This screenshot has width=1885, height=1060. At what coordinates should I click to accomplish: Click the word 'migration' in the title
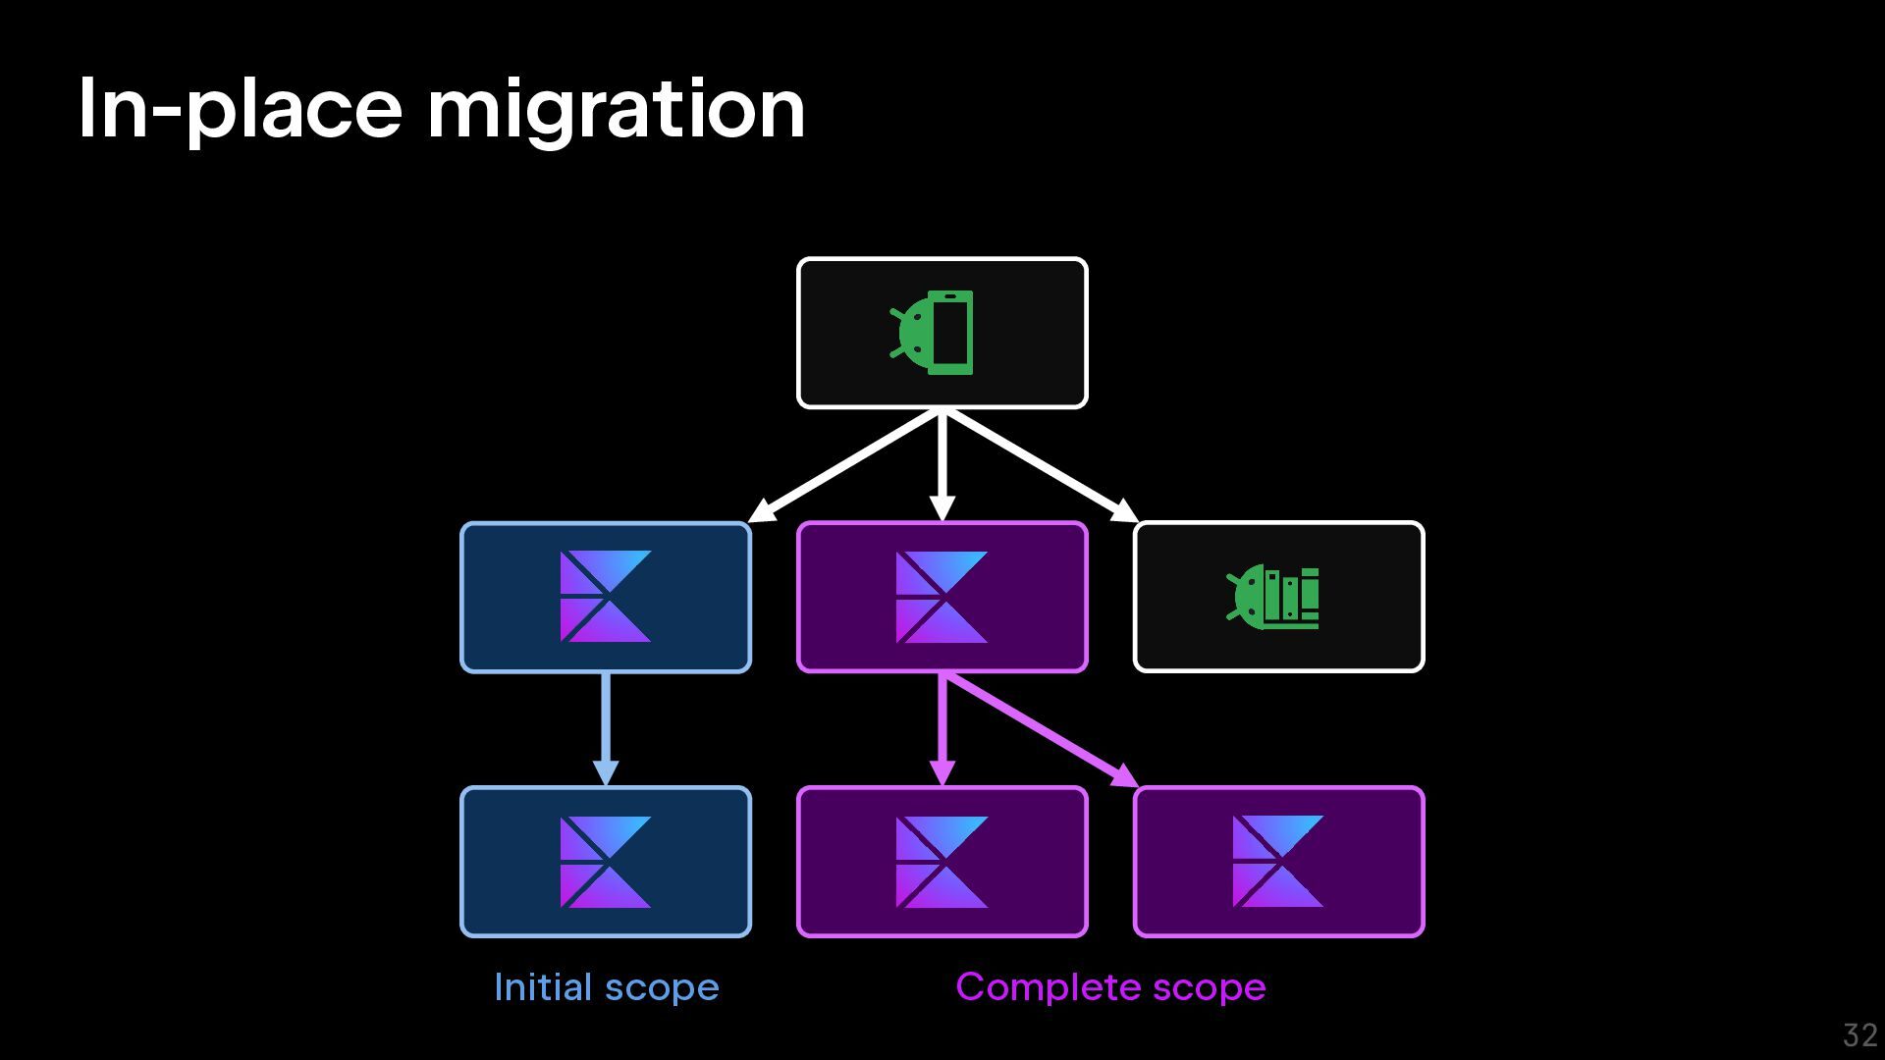(x=616, y=110)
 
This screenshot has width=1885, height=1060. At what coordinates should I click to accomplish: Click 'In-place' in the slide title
(x=240, y=110)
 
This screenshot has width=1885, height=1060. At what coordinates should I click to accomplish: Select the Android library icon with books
(x=1274, y=597)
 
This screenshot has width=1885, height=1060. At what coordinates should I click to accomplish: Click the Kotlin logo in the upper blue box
(x=605, y=597)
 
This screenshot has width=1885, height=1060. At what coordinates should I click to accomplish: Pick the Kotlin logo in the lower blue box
(x=605, y=862)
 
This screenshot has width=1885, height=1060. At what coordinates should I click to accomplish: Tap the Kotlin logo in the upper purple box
(x=942, y=597)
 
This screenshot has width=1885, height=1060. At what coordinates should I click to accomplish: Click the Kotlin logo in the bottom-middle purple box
(x=942, y=862)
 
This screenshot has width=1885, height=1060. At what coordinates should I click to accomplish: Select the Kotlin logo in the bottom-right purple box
(x=1277, y=862)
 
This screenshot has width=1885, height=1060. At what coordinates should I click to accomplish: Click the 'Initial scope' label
(x=606, y=987)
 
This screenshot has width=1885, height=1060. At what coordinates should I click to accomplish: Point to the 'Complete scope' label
(x=1110, y=987)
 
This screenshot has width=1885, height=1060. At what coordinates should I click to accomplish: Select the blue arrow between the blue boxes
(x=606, y=726)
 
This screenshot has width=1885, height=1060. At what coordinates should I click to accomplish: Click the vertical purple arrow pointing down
(x=942, y=726)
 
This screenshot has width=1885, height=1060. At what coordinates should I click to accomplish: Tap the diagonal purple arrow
(x=1041, y=730)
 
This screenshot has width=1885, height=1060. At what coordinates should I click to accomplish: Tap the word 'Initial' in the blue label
(x=543, y=987)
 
